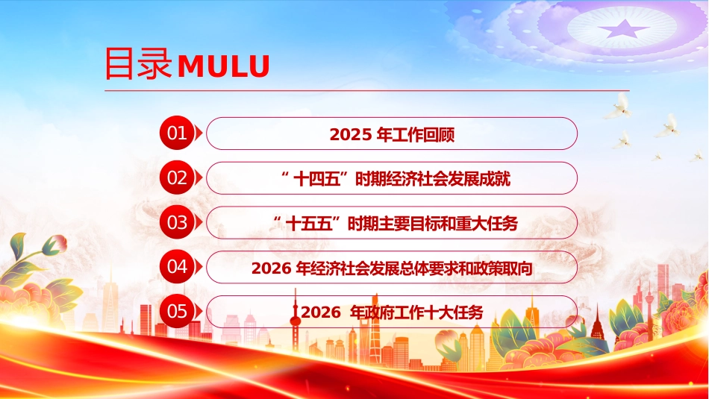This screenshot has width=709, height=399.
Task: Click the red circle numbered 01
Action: point(177,133)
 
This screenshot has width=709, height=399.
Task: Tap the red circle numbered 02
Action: point(177,178)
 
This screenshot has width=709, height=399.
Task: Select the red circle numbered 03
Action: point(177,222)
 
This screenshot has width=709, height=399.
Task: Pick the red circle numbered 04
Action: point(177,267)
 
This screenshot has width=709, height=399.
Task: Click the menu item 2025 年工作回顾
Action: point(391,135)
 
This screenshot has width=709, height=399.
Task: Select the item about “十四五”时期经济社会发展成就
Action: point(391,179)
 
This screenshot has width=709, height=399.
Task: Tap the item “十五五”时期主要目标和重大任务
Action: point(391,223)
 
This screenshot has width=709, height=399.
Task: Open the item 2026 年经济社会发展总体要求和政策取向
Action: point(391,268)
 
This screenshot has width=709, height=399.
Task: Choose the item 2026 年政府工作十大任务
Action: point(391,312)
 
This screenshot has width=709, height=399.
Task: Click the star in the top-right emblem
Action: point(626,29)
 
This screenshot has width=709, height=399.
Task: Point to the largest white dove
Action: point(619,107)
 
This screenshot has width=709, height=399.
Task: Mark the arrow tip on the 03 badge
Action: point(199,222)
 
